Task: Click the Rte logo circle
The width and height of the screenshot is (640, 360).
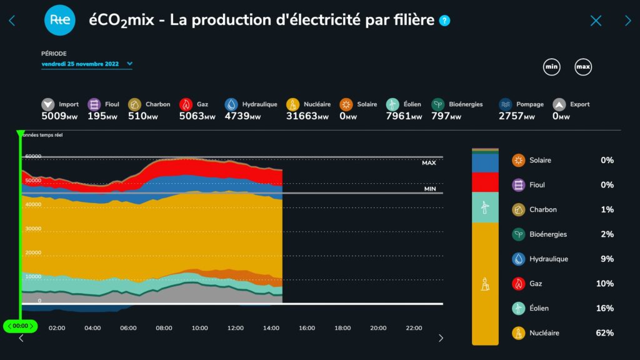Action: point(60,20)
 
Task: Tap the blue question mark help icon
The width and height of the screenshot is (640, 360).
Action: point(444,21)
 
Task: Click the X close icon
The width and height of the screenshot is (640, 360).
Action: point(596,21)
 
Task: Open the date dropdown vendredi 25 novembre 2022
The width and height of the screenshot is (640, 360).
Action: point(87,64)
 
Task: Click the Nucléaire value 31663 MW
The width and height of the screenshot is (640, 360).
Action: point(307,116)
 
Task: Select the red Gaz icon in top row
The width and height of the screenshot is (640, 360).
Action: point(186,104)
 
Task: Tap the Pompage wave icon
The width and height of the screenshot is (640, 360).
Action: point(506,104)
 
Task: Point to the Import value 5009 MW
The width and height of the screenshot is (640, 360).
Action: point(59,116)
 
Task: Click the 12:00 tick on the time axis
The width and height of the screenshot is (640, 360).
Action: point(235,328)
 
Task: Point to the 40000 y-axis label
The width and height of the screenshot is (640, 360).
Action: point(33,204)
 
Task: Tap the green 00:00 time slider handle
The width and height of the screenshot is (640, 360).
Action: point(20,326)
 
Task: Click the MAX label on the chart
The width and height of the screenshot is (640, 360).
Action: point(429,162)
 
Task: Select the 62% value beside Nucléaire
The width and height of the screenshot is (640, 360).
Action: point(604,333)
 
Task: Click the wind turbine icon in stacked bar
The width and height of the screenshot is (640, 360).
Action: point(484,207)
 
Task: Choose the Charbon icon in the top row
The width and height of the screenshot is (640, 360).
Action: point(134,104)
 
